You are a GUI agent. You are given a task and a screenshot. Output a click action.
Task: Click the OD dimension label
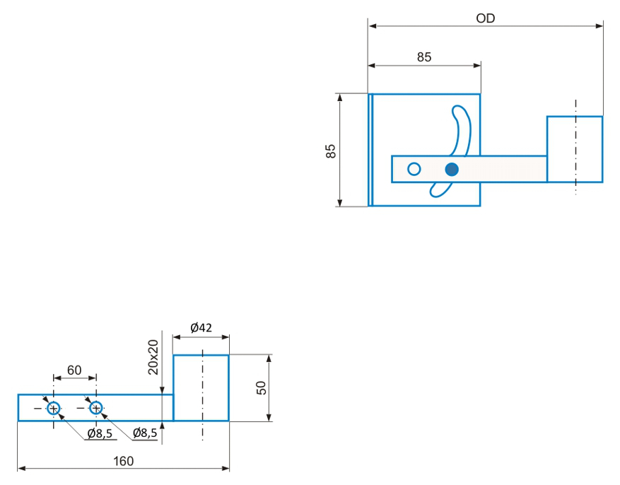coord(485,18)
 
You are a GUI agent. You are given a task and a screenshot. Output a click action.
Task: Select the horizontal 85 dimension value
coord(424,57)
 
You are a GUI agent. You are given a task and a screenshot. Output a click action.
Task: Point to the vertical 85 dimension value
coord(331,151)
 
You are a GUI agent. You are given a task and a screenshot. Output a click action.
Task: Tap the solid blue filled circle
coord(452,170)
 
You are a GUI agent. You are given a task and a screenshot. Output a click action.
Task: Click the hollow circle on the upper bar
coord(414,169)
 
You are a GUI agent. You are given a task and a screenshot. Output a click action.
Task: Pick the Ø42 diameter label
coord(201,327)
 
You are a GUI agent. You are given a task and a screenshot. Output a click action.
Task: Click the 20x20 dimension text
coord(153,357)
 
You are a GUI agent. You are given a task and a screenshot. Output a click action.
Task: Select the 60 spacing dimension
coord(74,370)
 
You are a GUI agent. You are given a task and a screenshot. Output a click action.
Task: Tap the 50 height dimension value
coord(262,387)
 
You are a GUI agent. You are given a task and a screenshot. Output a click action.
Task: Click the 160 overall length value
coord(124,461)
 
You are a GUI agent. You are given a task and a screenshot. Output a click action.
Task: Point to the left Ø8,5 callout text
coord(100,433)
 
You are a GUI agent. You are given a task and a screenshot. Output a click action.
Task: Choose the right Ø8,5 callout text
coord(145,433)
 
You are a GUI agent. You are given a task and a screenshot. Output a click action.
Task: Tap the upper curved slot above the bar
coord(462,130)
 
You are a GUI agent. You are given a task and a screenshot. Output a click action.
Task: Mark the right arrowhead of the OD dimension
coord(599,26)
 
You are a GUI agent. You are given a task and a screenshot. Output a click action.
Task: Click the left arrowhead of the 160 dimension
coord(22,469)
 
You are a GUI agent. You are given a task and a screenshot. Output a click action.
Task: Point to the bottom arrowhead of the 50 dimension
coord(269,416)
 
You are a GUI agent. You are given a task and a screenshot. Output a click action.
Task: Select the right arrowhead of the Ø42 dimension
coord(225,337)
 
